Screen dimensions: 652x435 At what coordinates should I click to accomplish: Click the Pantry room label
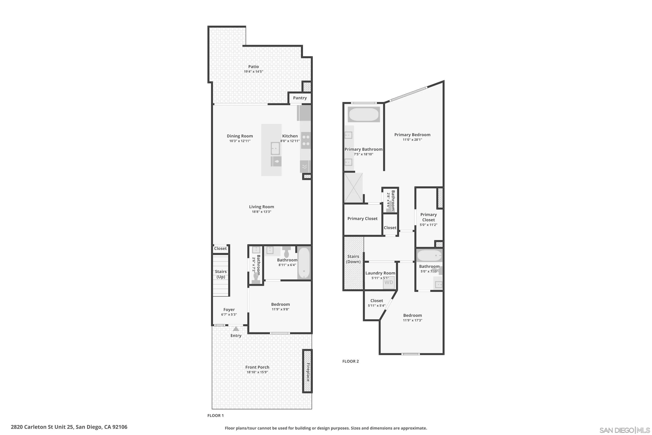(300, 98)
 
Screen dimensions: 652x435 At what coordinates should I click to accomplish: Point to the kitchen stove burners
(306, 140)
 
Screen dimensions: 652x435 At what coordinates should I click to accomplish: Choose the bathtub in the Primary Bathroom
(363, 115)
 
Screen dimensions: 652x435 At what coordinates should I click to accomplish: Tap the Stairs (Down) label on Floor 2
(353, 259)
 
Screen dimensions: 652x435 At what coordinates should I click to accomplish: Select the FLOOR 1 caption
(215, 415)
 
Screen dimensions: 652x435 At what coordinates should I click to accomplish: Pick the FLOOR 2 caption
(350, 361)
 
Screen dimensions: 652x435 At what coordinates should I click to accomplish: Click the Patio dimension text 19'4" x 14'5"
(253, 72)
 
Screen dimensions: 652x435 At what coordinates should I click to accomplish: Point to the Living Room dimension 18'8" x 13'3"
(261, 212)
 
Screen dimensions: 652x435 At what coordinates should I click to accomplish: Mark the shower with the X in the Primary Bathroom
(353, 188)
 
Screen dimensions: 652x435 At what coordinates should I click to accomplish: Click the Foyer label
(229, 310)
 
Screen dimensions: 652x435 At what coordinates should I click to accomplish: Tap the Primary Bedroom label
(412, 135)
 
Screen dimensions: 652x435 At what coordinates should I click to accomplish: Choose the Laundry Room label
(380, 273)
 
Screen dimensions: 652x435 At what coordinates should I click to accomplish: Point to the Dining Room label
(240, 136)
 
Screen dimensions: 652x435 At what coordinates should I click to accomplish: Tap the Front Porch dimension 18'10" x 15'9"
(257, 372)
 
